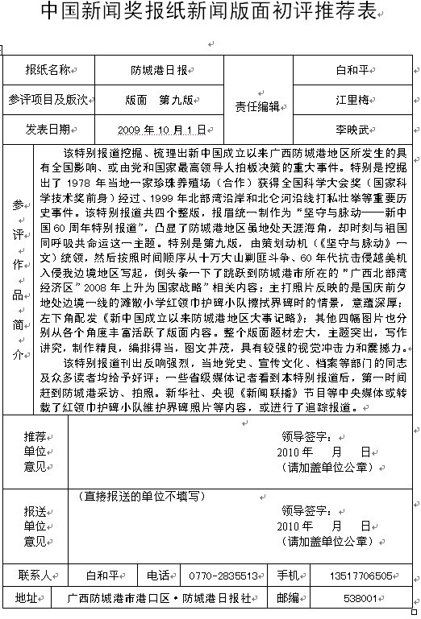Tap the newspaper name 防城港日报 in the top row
[x=160, y=71]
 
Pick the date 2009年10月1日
[x=160, y=129]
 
